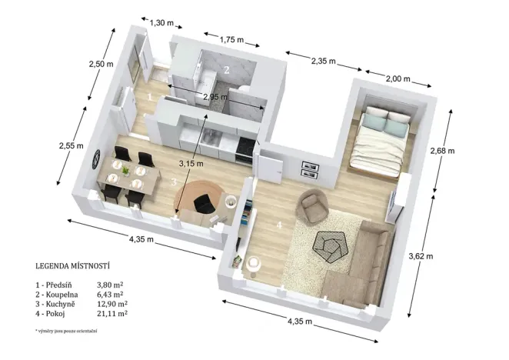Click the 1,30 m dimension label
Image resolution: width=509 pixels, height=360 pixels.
pos(161,23)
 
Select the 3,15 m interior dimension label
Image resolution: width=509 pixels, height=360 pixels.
pos(191,163)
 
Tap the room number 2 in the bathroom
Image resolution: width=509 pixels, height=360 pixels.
pos(226,70)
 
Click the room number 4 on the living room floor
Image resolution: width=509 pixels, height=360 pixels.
pos(280,225)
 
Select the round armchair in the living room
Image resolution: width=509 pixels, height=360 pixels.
pos(312,205)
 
